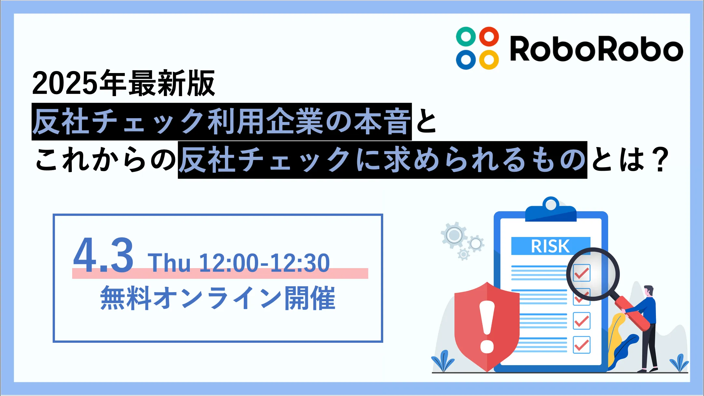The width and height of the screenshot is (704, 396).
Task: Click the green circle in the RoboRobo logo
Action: click(x=466, y=36)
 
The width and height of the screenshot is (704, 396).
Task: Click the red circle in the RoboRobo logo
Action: click(x=489, y=36)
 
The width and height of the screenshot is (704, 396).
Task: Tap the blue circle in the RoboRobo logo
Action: click(x=466, y=60)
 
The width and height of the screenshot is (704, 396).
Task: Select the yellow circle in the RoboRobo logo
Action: click(x=489, y=60)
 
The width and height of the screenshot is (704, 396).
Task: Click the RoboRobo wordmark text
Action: click(x=596, y=49)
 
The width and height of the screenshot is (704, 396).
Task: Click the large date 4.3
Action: click(x=103, y=255)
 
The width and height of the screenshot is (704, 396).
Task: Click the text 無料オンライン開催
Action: click(x=218, y=298)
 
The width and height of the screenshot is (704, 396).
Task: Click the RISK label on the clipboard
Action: click(x=550, y=246)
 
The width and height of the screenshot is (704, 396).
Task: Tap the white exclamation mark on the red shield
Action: click(x=487, y=327)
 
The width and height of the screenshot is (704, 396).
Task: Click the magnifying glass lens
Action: click(x=593, y=274)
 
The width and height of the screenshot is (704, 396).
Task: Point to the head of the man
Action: click(x=648, y=291)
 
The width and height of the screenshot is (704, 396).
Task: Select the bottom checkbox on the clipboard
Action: click(x=581, y=344)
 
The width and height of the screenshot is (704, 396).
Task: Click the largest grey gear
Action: click(x=454, y=235)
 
